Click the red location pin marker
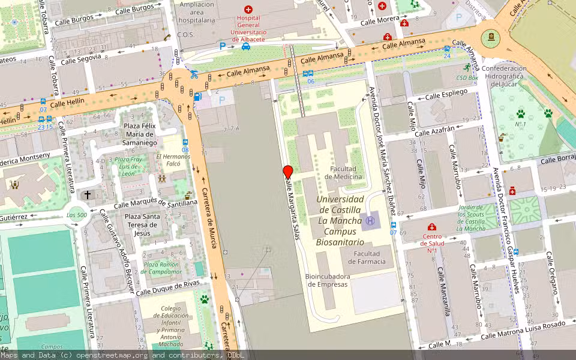(288, 172)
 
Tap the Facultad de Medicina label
(343, 173)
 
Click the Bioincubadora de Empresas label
(327, 280)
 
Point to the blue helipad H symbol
(370, 221)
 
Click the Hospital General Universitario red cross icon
(248, 10)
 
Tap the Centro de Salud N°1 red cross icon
(431, 227)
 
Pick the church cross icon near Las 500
(88, 195)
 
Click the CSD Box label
(467, 77)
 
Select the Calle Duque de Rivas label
(167, 288)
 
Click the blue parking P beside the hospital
(223, 46)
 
